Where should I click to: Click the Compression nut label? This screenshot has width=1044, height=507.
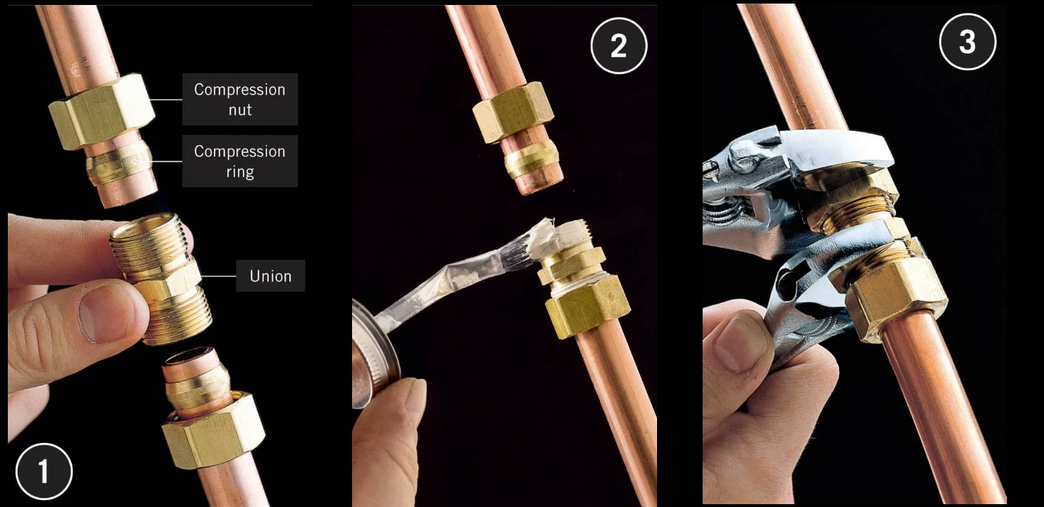[x=239, y=99]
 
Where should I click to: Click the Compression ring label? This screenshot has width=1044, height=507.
[x=239, y=161]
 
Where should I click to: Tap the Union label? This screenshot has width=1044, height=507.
[x=270, y=276]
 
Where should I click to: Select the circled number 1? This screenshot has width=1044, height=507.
[x=44, y=471]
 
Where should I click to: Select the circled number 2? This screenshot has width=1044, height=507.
[x=619, y=46]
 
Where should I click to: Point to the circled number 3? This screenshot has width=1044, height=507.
[x=967, y=42]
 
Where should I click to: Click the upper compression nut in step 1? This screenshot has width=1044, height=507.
[x=100, y=113]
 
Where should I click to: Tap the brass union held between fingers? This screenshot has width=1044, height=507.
[x=162, y=278]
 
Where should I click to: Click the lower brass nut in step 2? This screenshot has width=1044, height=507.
[x=587, y=307]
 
